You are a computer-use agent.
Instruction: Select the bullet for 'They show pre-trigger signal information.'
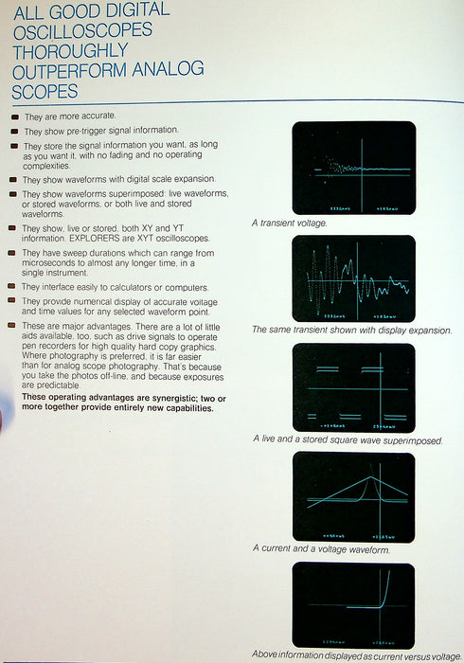point(13,130)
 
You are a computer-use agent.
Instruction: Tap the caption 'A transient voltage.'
point(289,223)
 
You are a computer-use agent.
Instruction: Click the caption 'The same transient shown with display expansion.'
point(351,331)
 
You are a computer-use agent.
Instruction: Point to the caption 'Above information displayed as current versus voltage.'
point(357,655)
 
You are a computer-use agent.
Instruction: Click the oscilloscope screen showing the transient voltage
point(353,168)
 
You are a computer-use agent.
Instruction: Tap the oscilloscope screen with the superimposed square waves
point(353,386)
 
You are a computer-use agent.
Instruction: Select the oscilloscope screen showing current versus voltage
point(353,603)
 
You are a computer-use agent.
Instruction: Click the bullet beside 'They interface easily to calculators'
point(13,286)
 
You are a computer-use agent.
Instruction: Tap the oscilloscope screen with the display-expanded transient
point(353,278)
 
